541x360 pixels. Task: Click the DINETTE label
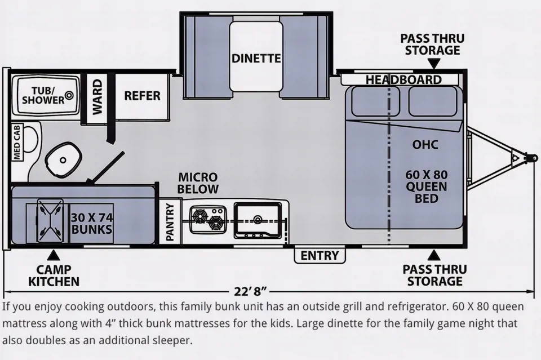coord(256,59)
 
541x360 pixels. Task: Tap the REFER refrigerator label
coord(142,96)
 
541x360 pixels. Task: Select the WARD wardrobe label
coord(97,96)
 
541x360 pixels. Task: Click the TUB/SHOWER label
coord(43,95)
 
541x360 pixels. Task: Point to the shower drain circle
coord(69,96)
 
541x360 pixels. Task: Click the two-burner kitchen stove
coord(206,219)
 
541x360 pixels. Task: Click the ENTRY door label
coord(320,256)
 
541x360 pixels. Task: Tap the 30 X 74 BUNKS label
coord(91,223)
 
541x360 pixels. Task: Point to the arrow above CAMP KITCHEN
coord(53,255)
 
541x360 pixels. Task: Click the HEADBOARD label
coord(403,79)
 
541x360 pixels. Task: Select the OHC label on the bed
coord(425,145)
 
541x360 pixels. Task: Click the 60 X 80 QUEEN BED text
coord(426,186)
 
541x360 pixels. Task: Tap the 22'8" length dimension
coord(250,292)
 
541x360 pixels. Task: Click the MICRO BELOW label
coord(198,183)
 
